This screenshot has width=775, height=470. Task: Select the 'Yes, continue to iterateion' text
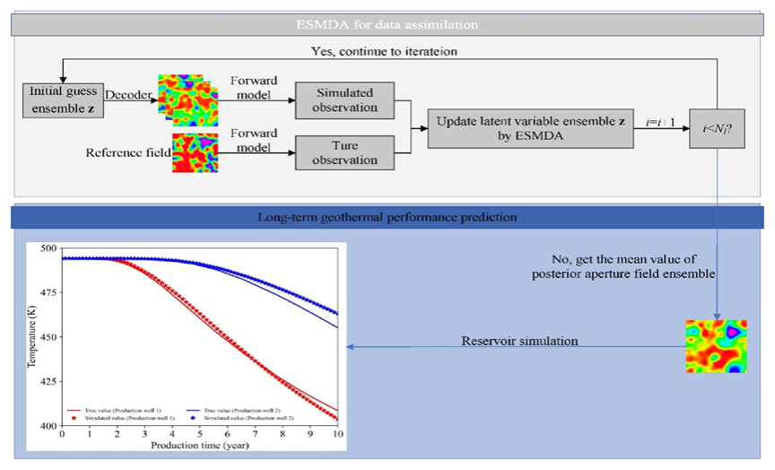383,52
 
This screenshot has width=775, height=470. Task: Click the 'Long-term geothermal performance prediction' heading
388,217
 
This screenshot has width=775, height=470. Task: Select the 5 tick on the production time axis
199,435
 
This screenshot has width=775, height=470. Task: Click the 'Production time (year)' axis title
200,445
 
